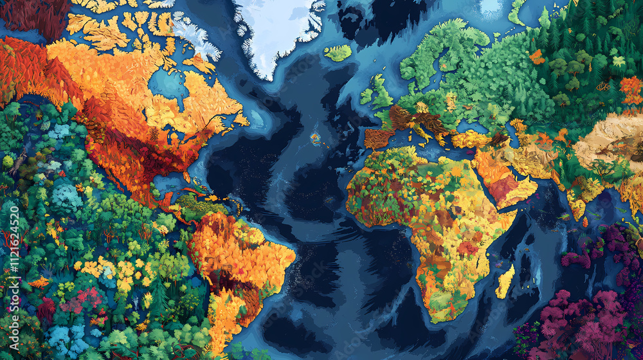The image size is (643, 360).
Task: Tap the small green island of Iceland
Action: point(338,53)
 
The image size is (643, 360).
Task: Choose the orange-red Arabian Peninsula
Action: point(508,180)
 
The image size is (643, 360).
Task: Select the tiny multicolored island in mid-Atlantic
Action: point(316,137)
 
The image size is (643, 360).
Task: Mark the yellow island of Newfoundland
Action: point(240,120)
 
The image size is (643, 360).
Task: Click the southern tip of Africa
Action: point(437,315)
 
